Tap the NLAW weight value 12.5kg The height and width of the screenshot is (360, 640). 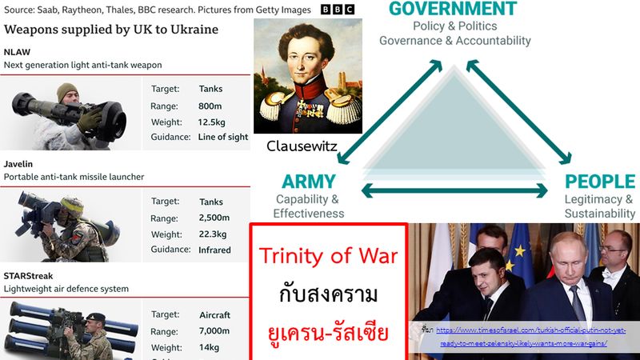(x=215, y=122)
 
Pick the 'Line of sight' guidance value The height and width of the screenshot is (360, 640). (x=223, y=137)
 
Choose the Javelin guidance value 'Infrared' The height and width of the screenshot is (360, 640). (x=215, y=250)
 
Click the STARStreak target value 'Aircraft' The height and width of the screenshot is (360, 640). (x=214, y=315)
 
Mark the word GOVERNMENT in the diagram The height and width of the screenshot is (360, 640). (x=453, y=10)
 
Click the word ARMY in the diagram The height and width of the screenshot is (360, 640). (x=308, y=182)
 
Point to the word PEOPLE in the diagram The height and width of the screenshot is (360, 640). (x=599, y=182)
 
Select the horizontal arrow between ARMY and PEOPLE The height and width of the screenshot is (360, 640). (x=456, y=190)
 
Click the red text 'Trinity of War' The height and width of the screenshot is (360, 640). (x=328, y=257)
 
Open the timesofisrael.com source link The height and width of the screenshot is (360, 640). (x=528, y=336)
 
